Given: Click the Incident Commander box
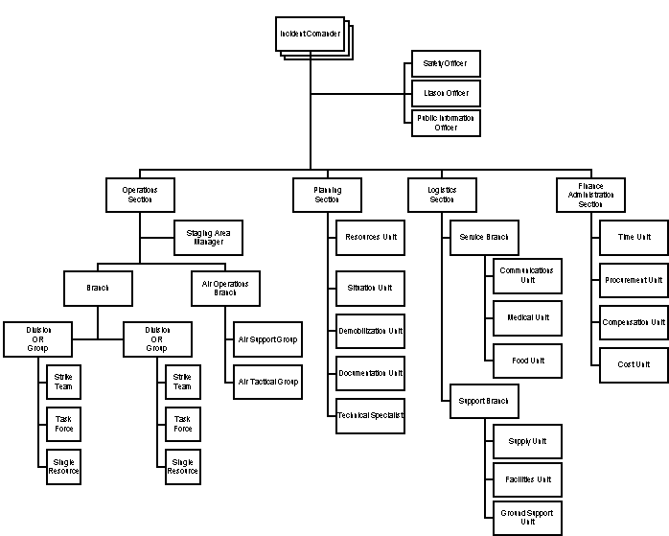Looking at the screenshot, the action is coord(310,34).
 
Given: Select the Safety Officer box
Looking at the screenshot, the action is coord(445,64).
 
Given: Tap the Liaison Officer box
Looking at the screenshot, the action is coord(445,94).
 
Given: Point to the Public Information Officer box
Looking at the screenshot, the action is coord(445,124).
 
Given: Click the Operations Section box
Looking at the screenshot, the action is coord(140,195).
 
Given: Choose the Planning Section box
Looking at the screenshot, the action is coord(327,195).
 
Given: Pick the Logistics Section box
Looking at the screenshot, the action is coord(441,195).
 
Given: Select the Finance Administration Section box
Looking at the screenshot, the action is coord(589,195).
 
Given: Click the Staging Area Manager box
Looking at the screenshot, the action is coord(208,238).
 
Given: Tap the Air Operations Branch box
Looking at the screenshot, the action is coord(225,288).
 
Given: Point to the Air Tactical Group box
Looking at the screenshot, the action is coord(267,382).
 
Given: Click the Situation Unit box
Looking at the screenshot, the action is coord(369,288).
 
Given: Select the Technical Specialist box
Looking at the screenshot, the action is coord(369,415).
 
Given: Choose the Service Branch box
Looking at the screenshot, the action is coord(484,237).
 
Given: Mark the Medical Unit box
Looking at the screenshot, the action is coord(527,318).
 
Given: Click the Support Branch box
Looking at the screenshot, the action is coord(484,401).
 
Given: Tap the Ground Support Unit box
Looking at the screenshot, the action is coord(527,518).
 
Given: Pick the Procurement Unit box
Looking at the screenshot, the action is coord(634,280).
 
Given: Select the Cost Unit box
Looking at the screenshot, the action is coord(634,364).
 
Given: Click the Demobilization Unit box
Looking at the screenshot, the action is coord(369,331).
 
